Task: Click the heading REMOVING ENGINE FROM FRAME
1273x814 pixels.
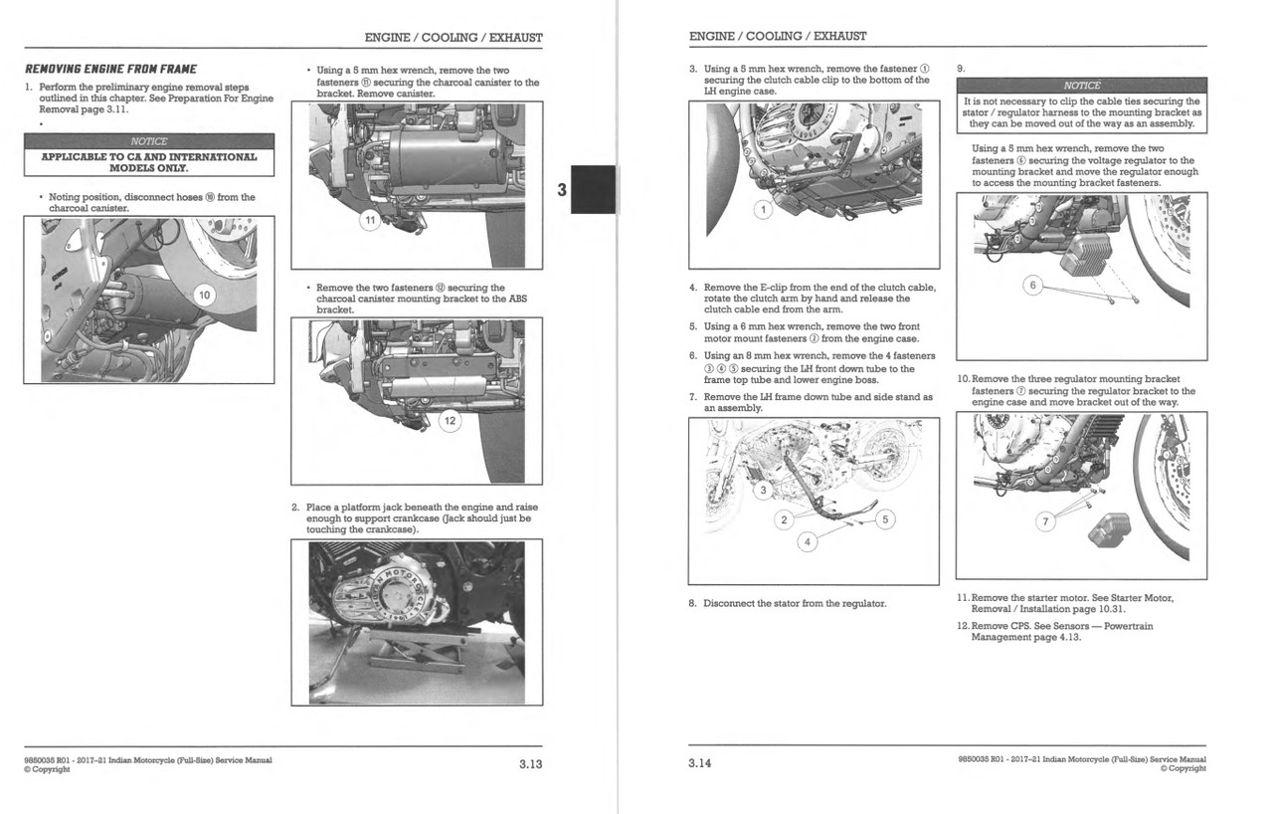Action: (110, 69)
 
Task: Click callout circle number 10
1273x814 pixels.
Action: (203, 295)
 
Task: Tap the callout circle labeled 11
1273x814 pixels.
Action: (370, 221)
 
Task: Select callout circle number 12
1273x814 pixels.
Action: (450, 421)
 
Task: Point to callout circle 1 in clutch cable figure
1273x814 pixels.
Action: (763, 210)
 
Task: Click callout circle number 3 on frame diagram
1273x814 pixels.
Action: (763, 490)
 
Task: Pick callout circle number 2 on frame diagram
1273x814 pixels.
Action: (783, 520)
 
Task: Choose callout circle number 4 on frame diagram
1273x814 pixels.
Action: (808, 541)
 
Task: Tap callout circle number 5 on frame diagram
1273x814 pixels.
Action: (887, 518)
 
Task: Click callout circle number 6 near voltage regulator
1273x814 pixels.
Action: (1032, 287)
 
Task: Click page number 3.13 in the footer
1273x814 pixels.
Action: (529, 764)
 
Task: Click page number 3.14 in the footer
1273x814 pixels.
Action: (700, 764)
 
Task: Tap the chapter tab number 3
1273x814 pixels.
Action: (562, 189)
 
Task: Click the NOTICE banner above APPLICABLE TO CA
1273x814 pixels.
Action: (148, 141)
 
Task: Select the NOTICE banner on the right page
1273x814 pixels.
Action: (1081, 86)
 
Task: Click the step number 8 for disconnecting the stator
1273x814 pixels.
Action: (692, 603)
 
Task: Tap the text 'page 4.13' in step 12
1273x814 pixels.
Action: (1055, 637)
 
